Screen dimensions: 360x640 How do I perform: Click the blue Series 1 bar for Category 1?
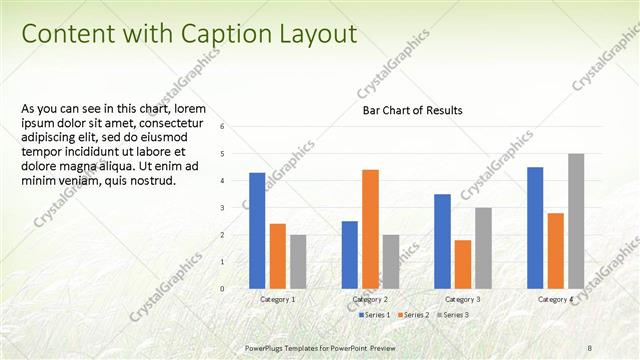click(x=257, y=230)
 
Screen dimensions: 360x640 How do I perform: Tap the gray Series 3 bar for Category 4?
click(x=576, y=221)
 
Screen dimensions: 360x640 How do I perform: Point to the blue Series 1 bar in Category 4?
click(x=535, y=227)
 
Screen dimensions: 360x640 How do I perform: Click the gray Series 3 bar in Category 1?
click(x=298, y=261)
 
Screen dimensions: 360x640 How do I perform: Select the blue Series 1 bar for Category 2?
click(x=349, y=254)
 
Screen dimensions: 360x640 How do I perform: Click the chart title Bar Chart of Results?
click(x=412, y=111)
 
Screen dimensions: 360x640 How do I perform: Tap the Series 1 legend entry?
click(x=375, y=315)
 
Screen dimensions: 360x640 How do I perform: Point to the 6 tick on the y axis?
click(x=236, y=127)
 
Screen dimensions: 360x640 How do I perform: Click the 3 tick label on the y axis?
click(x=236, y=208)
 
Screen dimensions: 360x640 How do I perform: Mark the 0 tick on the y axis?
click(x=236, y=289)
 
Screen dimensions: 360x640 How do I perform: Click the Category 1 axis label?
click(x=277, y=299)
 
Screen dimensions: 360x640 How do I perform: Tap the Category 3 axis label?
click(x=462, y=299)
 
